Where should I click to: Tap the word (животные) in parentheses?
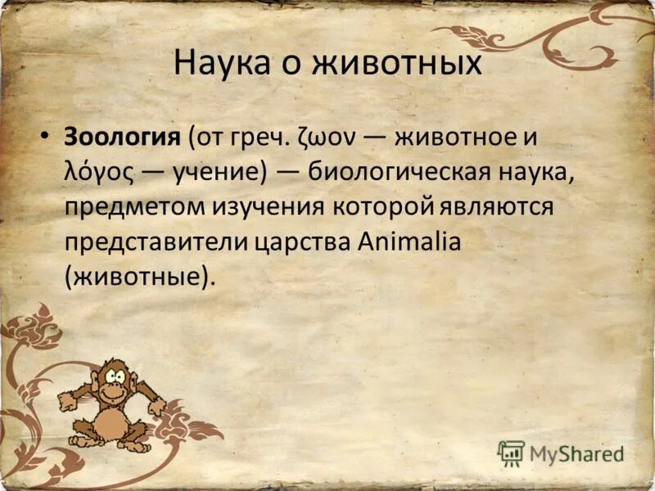click(139, 277)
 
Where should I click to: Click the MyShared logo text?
click(576, 453)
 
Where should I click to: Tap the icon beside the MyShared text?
click(511, 453)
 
